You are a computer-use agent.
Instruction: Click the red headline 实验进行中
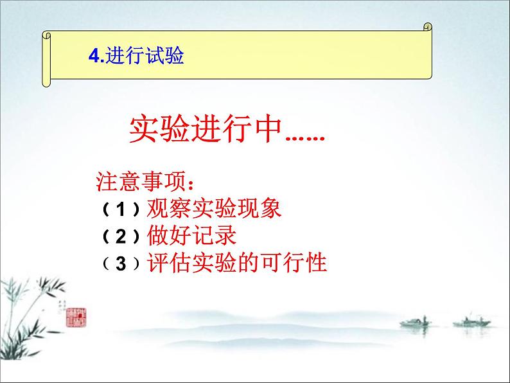tap(206, 132)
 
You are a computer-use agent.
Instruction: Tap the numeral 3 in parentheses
tap(121, 263)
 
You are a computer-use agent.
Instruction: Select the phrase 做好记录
tap(191, 236)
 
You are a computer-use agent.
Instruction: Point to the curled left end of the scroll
tap(46, 58)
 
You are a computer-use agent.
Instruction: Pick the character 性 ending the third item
tap(317, 263)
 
